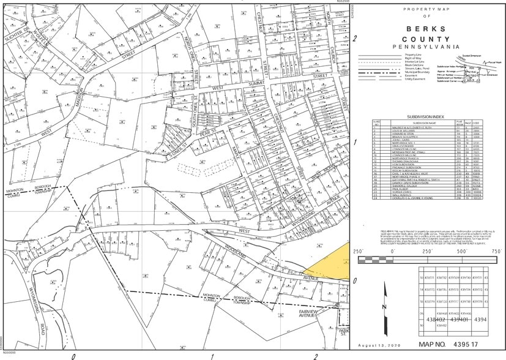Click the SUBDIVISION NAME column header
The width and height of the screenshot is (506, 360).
[411, 122]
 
